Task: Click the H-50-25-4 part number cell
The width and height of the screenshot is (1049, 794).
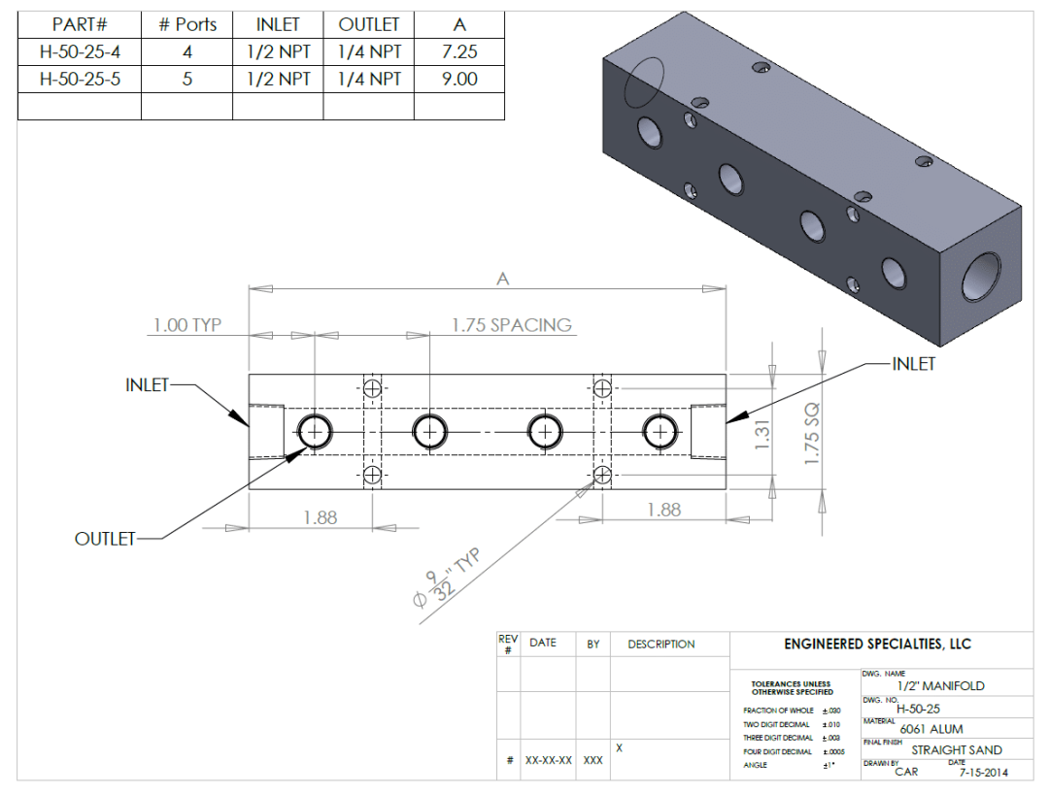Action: click(80, 52)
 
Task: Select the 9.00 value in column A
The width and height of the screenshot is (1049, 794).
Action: click(459, 80)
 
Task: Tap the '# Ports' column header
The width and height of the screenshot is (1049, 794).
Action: click(187, 25)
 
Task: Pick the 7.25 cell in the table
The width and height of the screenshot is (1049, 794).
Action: click(459, 52)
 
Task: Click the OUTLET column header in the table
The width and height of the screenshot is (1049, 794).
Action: click(369, 25)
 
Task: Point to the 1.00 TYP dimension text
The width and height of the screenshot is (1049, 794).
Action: click(187, 325)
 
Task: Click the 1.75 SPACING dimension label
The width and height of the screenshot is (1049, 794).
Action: click(512, 325)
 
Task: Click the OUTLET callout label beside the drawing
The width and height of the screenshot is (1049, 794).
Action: click(105, 539)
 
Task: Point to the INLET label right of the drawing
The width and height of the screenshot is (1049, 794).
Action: click(913, 364)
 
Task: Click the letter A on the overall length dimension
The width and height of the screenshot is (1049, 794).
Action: click(502, 280)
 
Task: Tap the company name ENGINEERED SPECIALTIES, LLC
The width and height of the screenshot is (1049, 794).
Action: click(877, 645)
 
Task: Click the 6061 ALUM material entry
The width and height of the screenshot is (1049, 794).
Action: click(931, 729)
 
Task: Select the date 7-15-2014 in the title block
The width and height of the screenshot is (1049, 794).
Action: click(984, 773)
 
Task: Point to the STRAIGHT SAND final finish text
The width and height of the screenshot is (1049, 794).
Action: click(956, 750)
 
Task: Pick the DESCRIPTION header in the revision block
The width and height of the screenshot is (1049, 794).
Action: click(660, 644)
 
